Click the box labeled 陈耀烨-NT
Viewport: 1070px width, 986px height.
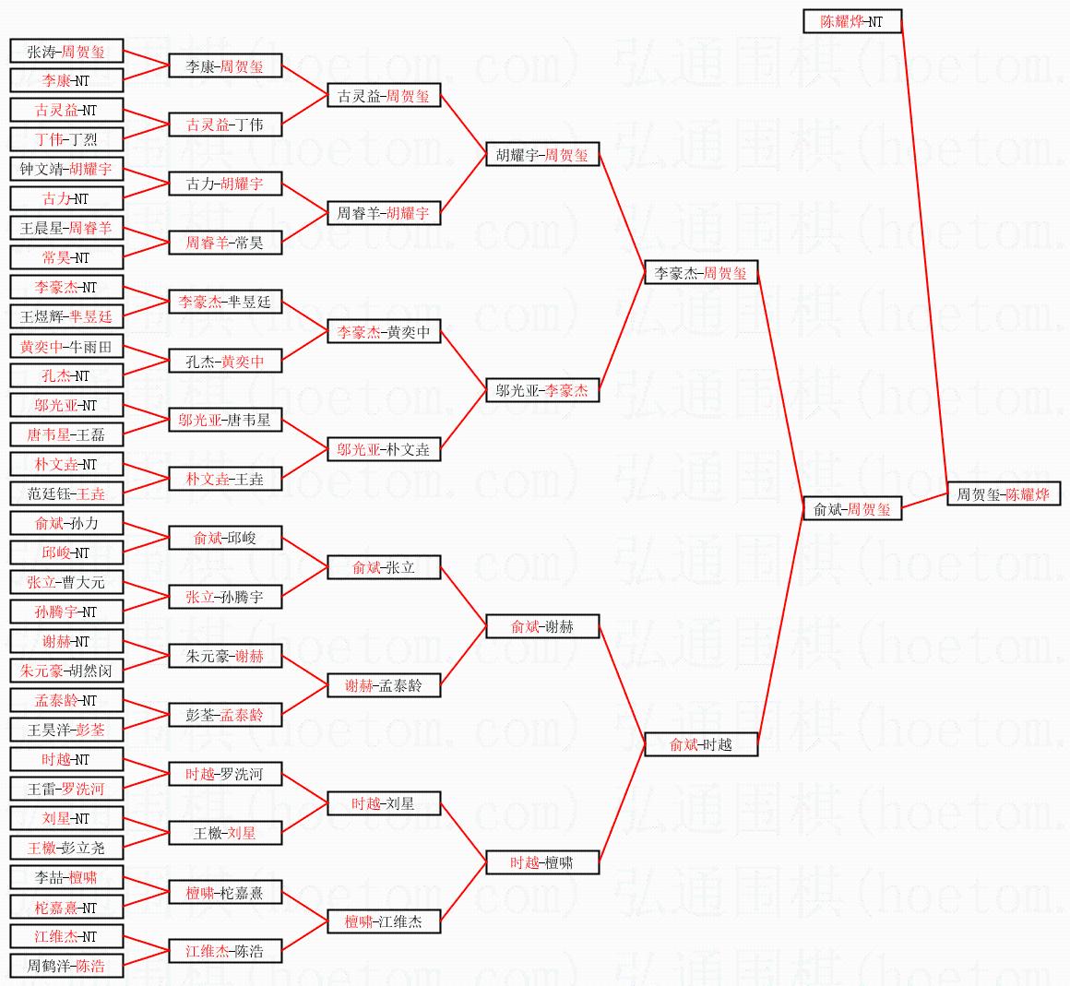[x=852, y=21]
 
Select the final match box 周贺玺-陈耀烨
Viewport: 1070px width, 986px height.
[x=1004, y=494]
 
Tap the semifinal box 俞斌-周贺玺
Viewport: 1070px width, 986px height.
[x=852, y=509]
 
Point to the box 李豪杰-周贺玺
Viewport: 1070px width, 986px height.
[x=701, y=273]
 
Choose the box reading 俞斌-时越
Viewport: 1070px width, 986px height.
[x=701, y=744]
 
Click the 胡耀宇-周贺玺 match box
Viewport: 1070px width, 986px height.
[x=542, y=155]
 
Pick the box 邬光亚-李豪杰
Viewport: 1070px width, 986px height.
[x=542, y=390]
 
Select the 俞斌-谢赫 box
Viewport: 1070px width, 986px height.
[x=542, y=626]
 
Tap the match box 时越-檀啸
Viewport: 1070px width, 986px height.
[x=542, y=862]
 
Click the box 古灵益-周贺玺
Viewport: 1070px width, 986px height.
[x=385, y=96]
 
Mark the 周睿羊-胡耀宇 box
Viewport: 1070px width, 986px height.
[x=385, y=214]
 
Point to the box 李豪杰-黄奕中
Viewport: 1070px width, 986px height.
[x=385, y=332]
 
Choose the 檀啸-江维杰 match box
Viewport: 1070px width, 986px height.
[x=385, y=921]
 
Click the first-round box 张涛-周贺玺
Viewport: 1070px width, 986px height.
[x=66, y=51]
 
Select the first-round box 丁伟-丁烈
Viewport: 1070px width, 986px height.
[x=66, y=139]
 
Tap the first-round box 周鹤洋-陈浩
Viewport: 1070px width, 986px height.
[x=66, y=966]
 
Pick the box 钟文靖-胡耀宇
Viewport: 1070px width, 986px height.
[x=66, y=169]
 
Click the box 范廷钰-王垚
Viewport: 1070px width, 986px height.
[x=66, y=493]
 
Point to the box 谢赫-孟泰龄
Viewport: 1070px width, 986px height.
[x=385, y=685]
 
